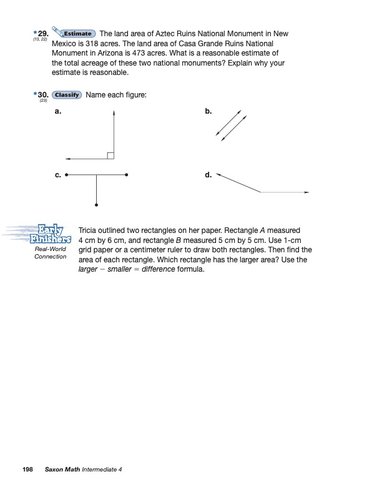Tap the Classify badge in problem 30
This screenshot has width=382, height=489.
67,95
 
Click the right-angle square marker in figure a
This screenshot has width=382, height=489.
110,155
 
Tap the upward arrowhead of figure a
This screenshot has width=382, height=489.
114,113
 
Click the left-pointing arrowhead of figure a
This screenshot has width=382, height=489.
67,158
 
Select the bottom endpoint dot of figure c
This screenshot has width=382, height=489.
96,204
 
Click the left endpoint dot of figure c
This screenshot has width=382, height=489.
66,175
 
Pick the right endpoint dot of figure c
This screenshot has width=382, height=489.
127,175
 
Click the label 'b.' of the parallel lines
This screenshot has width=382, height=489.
208,111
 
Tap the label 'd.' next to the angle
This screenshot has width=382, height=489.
208,175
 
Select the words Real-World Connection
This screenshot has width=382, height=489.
50,252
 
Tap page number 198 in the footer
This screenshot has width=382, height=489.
27,469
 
